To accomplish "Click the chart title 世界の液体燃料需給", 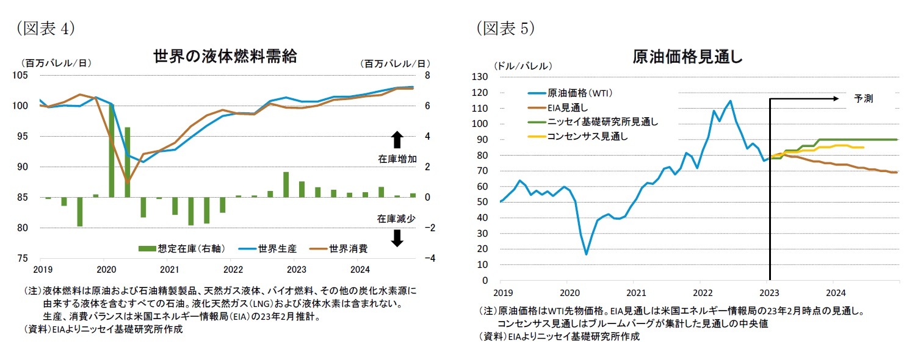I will click(x=225, y=57).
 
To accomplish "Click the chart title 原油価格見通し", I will click(x=687, y=57).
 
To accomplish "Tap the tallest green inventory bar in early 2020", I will click(x=112, y=150).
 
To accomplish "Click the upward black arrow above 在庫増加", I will click(x=396, y=140).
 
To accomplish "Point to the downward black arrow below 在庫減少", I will click(x=396, y=238).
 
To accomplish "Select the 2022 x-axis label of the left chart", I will click(x=233, y=269).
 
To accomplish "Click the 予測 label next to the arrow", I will click(x=863, y=98).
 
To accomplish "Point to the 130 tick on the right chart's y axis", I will click(x=480, y=77).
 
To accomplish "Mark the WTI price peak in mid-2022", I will click(x=730, y=101).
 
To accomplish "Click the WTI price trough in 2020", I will click(x=586, y=254).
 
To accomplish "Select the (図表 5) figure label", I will click(x=505, y=29).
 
